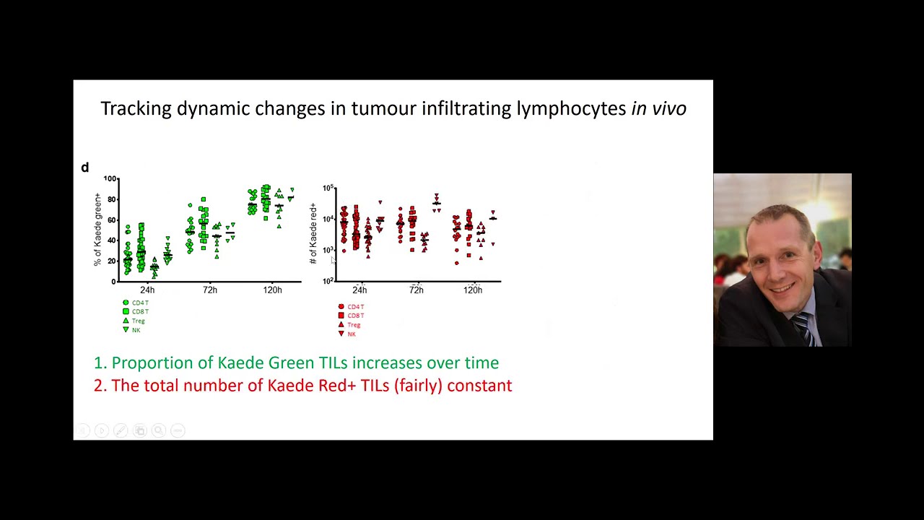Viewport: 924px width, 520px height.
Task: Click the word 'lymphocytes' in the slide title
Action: click(x=570, y=109)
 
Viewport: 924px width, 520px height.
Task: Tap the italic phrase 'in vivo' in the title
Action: click(x=658, y=108)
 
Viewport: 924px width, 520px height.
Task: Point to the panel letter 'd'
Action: click(x=84, y=168)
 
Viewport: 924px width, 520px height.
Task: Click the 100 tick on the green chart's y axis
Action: click(x=110, y=178)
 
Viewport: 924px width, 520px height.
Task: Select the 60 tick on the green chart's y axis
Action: click(x=112, y=220)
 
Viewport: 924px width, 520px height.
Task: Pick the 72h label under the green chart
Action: click(x=209, y=290)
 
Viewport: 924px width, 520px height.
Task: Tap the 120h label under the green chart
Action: click(x=272, y=290)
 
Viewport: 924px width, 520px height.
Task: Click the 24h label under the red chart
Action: click(x=359, y=290)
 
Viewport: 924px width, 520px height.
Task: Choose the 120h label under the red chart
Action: click(x=473, y=290)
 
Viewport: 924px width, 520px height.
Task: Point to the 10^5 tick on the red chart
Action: click(x=328, y=188)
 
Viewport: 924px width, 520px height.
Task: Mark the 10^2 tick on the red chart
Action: click(x=328, y=280)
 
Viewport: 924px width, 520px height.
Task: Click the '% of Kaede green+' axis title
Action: click(x=98, y=230)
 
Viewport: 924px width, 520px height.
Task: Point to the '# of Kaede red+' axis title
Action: click(x=313, y=233)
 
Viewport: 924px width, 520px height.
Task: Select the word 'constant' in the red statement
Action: click(x=479, y=386)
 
